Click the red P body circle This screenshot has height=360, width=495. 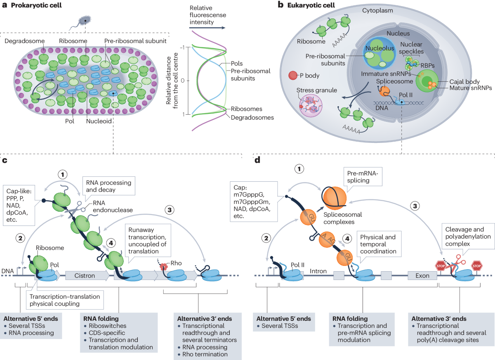click(292, 76)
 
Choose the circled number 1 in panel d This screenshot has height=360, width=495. click(300, 169)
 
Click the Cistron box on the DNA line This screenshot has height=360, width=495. click(85, 275)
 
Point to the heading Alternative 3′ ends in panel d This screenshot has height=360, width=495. click(439, 319)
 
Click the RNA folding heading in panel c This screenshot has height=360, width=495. click(101, 319)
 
